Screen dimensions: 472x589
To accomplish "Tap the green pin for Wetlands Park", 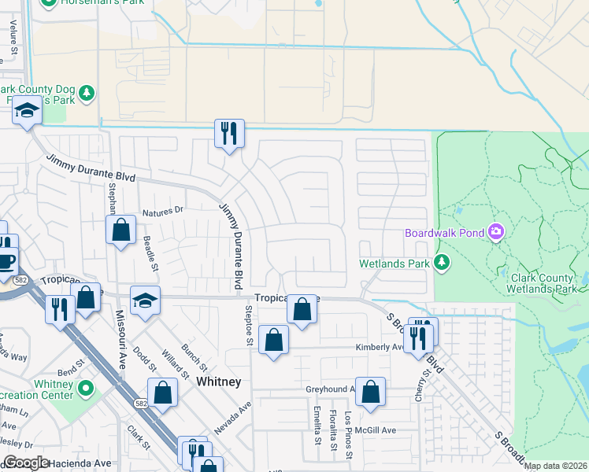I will pyautogui.click(x=442, y=262).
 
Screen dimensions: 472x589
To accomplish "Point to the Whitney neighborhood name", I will pyautogui.click(x=218, y=382).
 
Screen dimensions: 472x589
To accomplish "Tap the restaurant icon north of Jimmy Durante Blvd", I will pyautogui.click(x=229, y=134).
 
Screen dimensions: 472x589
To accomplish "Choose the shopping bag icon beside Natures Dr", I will pyautogui.click(x=121, y=230).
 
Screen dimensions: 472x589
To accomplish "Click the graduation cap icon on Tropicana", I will pyautogui.click(x=146, y=301).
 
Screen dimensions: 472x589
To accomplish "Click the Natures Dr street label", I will pyautogui.click(x=162, y=210).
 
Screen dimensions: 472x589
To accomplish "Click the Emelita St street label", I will pyautogui.click(x=317, y=426).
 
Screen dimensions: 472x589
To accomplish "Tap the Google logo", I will pyautogui.click(x=26, y=463).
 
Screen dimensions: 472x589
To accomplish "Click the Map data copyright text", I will pyautogui.click(x=555, y=466).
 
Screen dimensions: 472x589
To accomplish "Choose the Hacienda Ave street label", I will pyautogui.click(x=81, y=463).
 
